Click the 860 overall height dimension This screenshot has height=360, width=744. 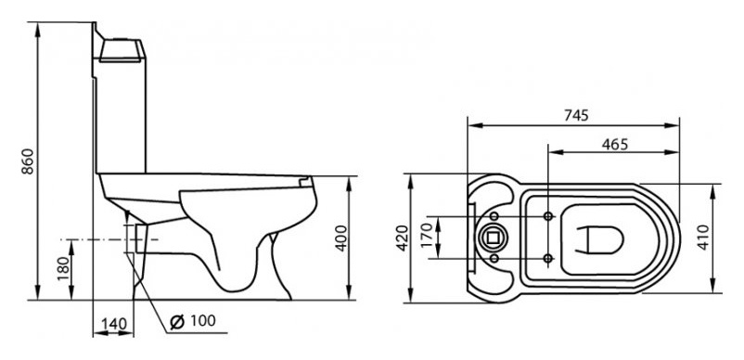click(29, 161)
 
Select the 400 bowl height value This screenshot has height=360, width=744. click(340, 238)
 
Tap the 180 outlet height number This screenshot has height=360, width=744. click(64, 268)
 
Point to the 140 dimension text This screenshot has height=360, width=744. click(114, 325)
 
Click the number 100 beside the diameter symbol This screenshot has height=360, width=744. click(202, 321)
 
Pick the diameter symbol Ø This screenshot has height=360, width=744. click(177, 322)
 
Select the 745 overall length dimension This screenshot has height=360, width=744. click(576, 115)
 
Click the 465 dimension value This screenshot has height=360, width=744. click(614, 144)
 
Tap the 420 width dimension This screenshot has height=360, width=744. click(403, 238)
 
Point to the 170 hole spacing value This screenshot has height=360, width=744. click(428, 237)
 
